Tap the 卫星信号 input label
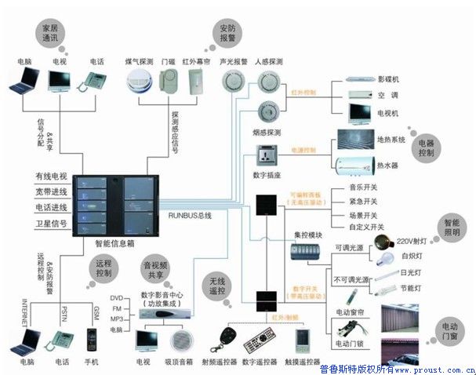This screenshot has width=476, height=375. click(51, 224)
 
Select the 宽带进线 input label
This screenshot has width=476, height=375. click(51, 191)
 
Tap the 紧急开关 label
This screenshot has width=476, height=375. click(363, 202)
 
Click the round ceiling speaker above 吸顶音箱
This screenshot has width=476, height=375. click(179, 340)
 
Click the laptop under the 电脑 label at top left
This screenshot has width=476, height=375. click(23, 80)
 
